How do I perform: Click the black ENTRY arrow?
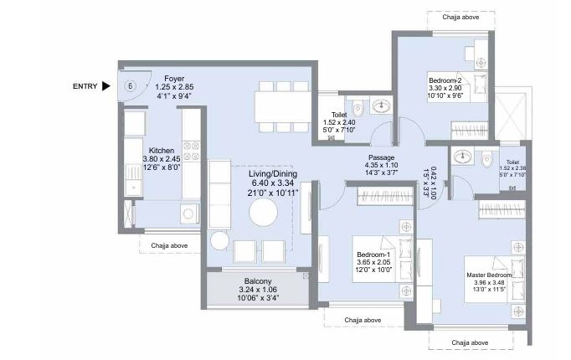click(106, 85)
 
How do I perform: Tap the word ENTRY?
click(85, 85)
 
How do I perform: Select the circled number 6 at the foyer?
click(131, 85)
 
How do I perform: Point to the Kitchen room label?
click(162, 151)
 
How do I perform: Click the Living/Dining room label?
click(273, 174)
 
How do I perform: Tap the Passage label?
click(381, 157)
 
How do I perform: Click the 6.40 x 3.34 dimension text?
click(273, 183)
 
